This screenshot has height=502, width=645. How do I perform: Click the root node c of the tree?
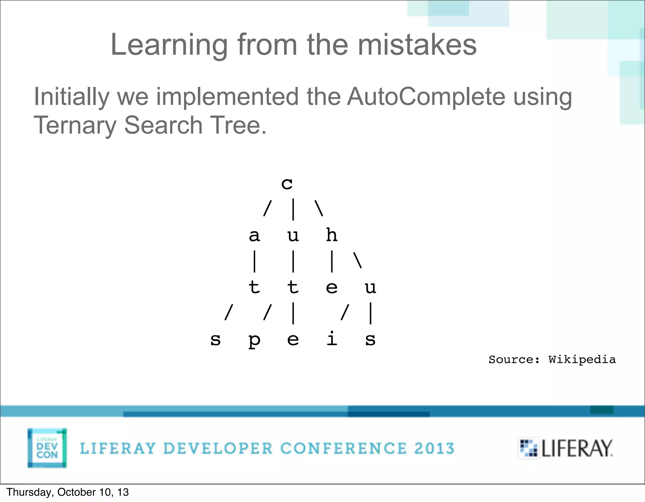click(x=287, y=184)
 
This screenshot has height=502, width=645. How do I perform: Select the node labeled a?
click(x=254, y=236)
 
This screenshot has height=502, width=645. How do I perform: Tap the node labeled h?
click(x=332, y=235)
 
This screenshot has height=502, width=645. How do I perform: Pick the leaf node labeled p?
click(x=254, y=340)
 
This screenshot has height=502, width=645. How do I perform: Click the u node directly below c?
click(x=293, y=236)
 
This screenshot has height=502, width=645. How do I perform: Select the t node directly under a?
click(x=254, y=287)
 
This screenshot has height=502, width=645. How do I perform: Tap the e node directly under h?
click(x=332, y=288)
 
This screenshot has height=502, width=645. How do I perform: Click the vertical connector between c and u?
click(x=293, y=209)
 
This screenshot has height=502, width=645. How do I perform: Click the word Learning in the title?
click(x=169, y=45)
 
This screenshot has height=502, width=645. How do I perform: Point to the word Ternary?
click(x=75, y=125)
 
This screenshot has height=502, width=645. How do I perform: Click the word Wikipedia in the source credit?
click(x=582, y=360)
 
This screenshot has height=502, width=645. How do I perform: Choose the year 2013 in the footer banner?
click(x=434, y=448)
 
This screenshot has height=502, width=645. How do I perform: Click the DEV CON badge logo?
click(x=47, y=448)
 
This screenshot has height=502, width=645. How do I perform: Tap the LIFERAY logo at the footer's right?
click(x=566, y=448)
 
